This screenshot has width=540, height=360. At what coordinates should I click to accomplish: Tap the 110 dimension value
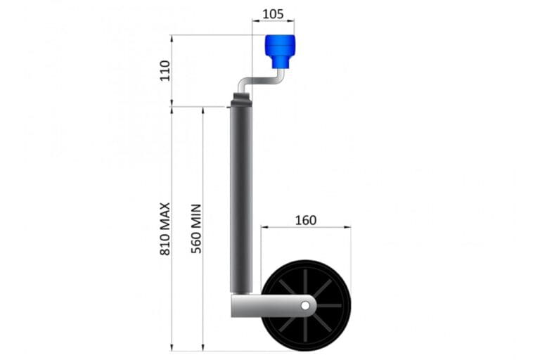click(165, 70)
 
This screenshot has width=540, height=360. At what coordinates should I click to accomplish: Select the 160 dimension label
click(305, 219)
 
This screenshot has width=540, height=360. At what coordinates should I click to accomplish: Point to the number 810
click(165, 243)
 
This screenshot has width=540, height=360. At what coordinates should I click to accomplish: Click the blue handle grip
click(280, 46)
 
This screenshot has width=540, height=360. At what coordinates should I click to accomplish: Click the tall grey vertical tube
click(240, 197)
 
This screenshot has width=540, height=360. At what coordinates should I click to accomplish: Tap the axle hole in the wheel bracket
click(306, 305)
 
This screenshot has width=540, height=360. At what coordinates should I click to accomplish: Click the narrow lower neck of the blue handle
click(280, 63)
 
